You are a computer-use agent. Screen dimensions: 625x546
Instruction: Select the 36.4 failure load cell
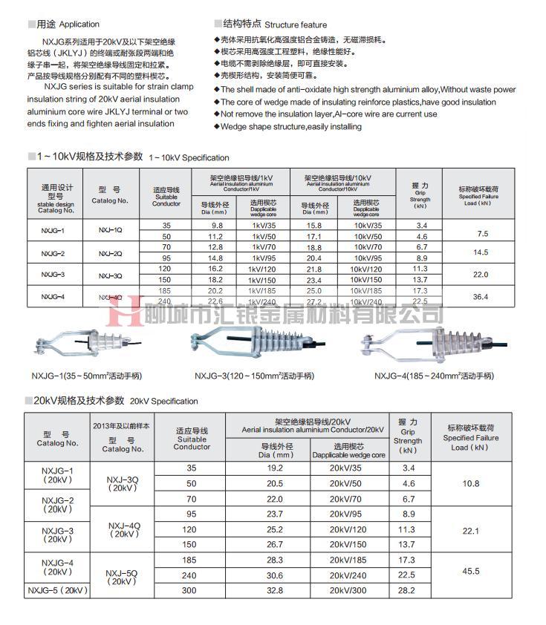tap(480, 297)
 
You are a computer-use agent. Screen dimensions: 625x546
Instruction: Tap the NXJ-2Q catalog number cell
tap(110, 253)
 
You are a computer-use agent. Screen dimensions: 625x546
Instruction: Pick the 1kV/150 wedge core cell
tap(263, 280)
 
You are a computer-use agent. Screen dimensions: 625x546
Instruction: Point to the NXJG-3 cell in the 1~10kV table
tap(53, 275)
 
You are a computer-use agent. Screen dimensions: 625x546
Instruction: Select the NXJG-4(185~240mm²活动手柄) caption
tap(435, 375)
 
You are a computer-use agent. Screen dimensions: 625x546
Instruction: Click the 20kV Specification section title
tap(116, 401)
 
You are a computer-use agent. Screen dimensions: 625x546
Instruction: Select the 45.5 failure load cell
tap(471, 572)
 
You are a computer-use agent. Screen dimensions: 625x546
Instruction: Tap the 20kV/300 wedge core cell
tap(348, 591)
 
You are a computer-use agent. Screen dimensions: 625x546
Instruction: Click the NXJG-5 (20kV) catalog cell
tap(57, 591)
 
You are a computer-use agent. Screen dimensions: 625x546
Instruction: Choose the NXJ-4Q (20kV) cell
tap(123, 530)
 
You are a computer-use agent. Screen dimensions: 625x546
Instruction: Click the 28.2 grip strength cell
tap(408, 591)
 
